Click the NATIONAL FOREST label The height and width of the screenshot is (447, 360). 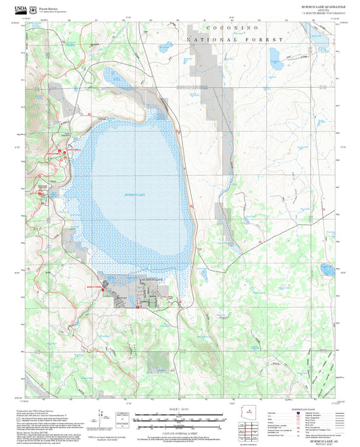click(234, 41)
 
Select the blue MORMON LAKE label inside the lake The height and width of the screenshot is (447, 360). click(135, 194)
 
